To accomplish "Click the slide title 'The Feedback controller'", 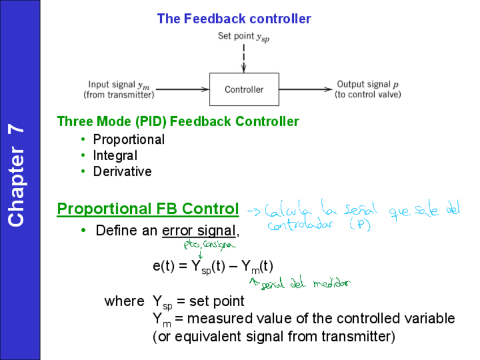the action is [x=234, y=19].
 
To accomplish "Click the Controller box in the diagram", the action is [x=244, y=89].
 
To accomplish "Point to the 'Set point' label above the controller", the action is [x=243, y=37].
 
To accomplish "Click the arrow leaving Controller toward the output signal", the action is [x=305, y=89].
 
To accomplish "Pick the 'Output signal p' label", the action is [x=367, y=84].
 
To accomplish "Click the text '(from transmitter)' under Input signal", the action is [x=119, y=95].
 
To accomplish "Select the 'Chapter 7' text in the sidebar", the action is [x=17, y=175].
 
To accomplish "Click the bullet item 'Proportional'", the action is [x=129, y=139].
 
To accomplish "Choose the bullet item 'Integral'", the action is [x=115, y=155].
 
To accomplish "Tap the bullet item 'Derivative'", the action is [x=122, y=171].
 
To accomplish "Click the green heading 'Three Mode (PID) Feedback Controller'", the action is [x=178, y=121].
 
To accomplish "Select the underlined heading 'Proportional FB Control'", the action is [x=148, y=209].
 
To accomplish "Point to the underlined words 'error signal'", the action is [x=198, y=230].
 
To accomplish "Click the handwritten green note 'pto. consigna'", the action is [x=208, y=245].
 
